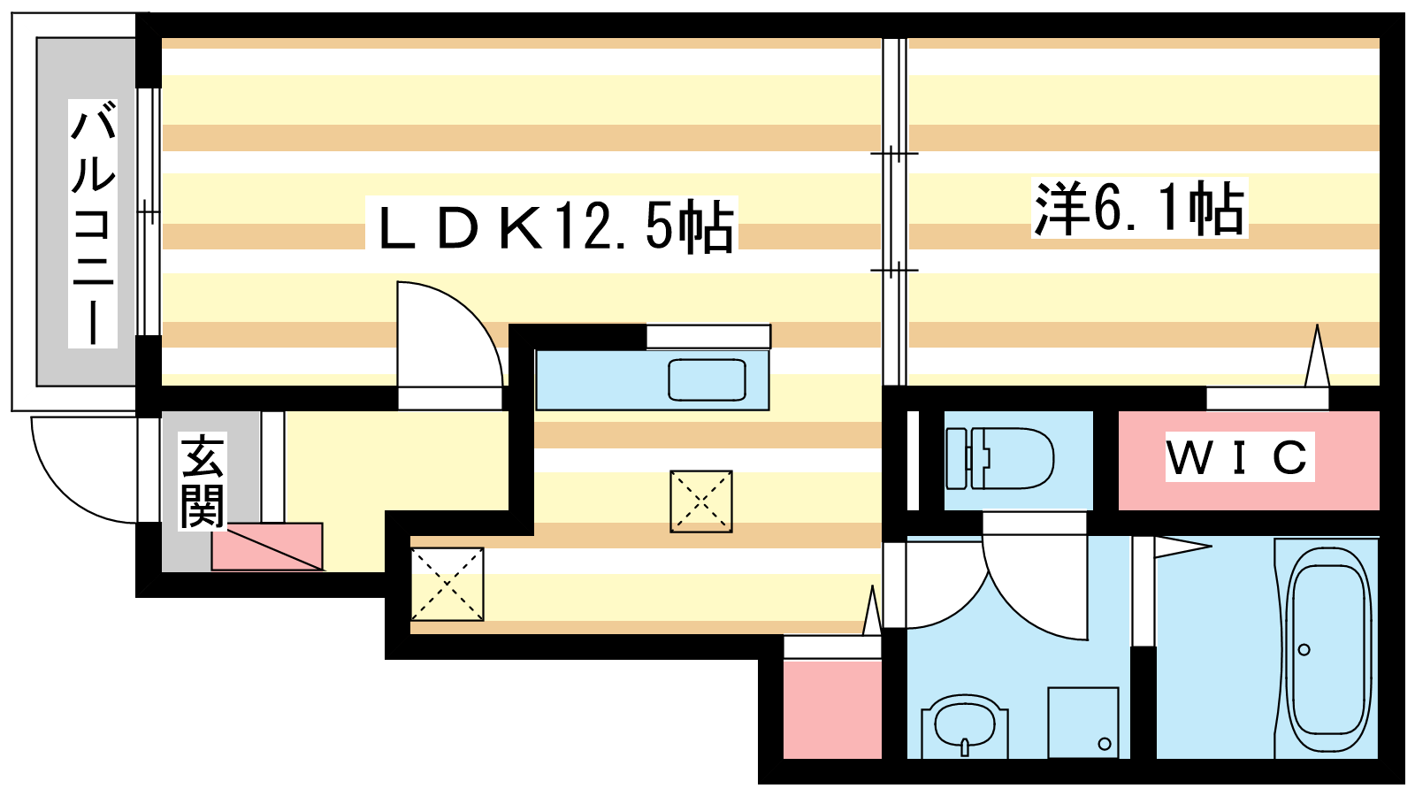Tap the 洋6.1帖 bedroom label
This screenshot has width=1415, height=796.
coord(1139,208)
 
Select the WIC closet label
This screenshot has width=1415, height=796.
coord(1238,456)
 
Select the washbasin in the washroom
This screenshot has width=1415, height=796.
coord(965,725)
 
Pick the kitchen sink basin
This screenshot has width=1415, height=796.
coord(707,379)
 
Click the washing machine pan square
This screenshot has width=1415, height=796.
coord(1083,723)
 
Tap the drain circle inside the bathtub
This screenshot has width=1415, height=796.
coord(1304,649)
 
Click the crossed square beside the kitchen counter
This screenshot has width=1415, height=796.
coord(701,501)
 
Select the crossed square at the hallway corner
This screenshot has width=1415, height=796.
coord(447,585)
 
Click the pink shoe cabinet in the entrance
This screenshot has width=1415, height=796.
coord(267,547)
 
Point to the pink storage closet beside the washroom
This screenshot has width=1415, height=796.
coord(832,709)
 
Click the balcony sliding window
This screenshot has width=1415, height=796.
coord(149,211)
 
